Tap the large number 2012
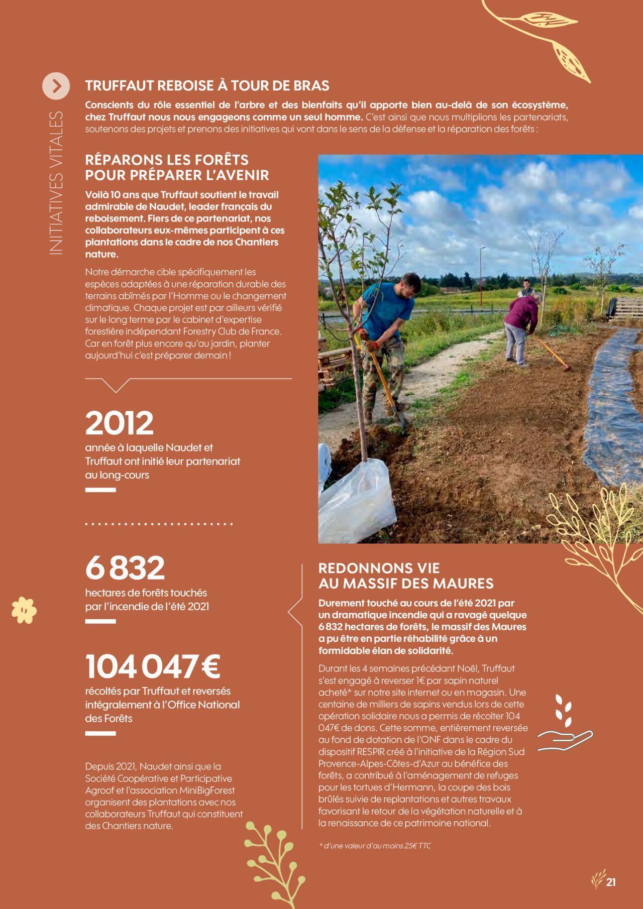point(119,423)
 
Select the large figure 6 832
point(125,568)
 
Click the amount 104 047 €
point(153,666)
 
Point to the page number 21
point(611,882)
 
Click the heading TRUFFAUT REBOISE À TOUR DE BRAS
point(207,86)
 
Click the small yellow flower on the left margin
point(25,610)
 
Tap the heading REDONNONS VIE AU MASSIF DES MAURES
point(406,576)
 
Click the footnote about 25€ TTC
point(375,846)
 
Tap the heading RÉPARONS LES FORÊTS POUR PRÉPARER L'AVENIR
point(177,168)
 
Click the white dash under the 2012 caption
point(100,490)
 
